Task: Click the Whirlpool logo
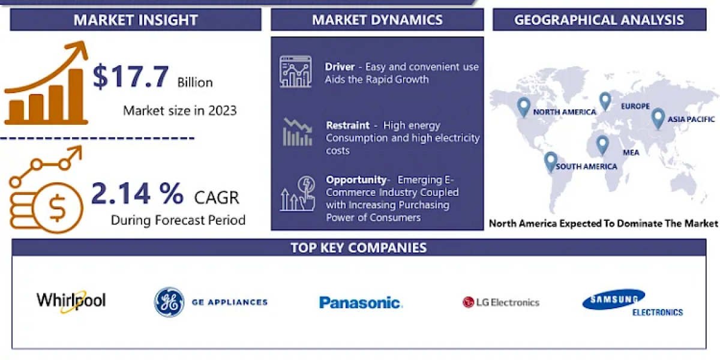(71, 301)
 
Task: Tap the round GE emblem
(169, 302)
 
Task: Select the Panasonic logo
(361, 303)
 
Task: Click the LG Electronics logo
(501, 302)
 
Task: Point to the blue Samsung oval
(613, 299)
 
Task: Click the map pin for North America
(524, 107)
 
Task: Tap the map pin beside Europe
(605, 101)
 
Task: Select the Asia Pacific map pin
(658, 119)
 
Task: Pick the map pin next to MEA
(602, 145)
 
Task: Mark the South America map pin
(551, 161)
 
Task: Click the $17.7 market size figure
(131, 77)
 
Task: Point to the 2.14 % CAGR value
(137, 193)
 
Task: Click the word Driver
(340, 67)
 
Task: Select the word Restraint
(348, 125)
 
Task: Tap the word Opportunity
(356, 179)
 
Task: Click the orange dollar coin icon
(58, 208)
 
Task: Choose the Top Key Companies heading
(359, 248)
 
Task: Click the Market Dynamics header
(377, 20)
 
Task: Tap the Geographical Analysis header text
(599, 20)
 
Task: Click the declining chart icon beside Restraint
(298, 132)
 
